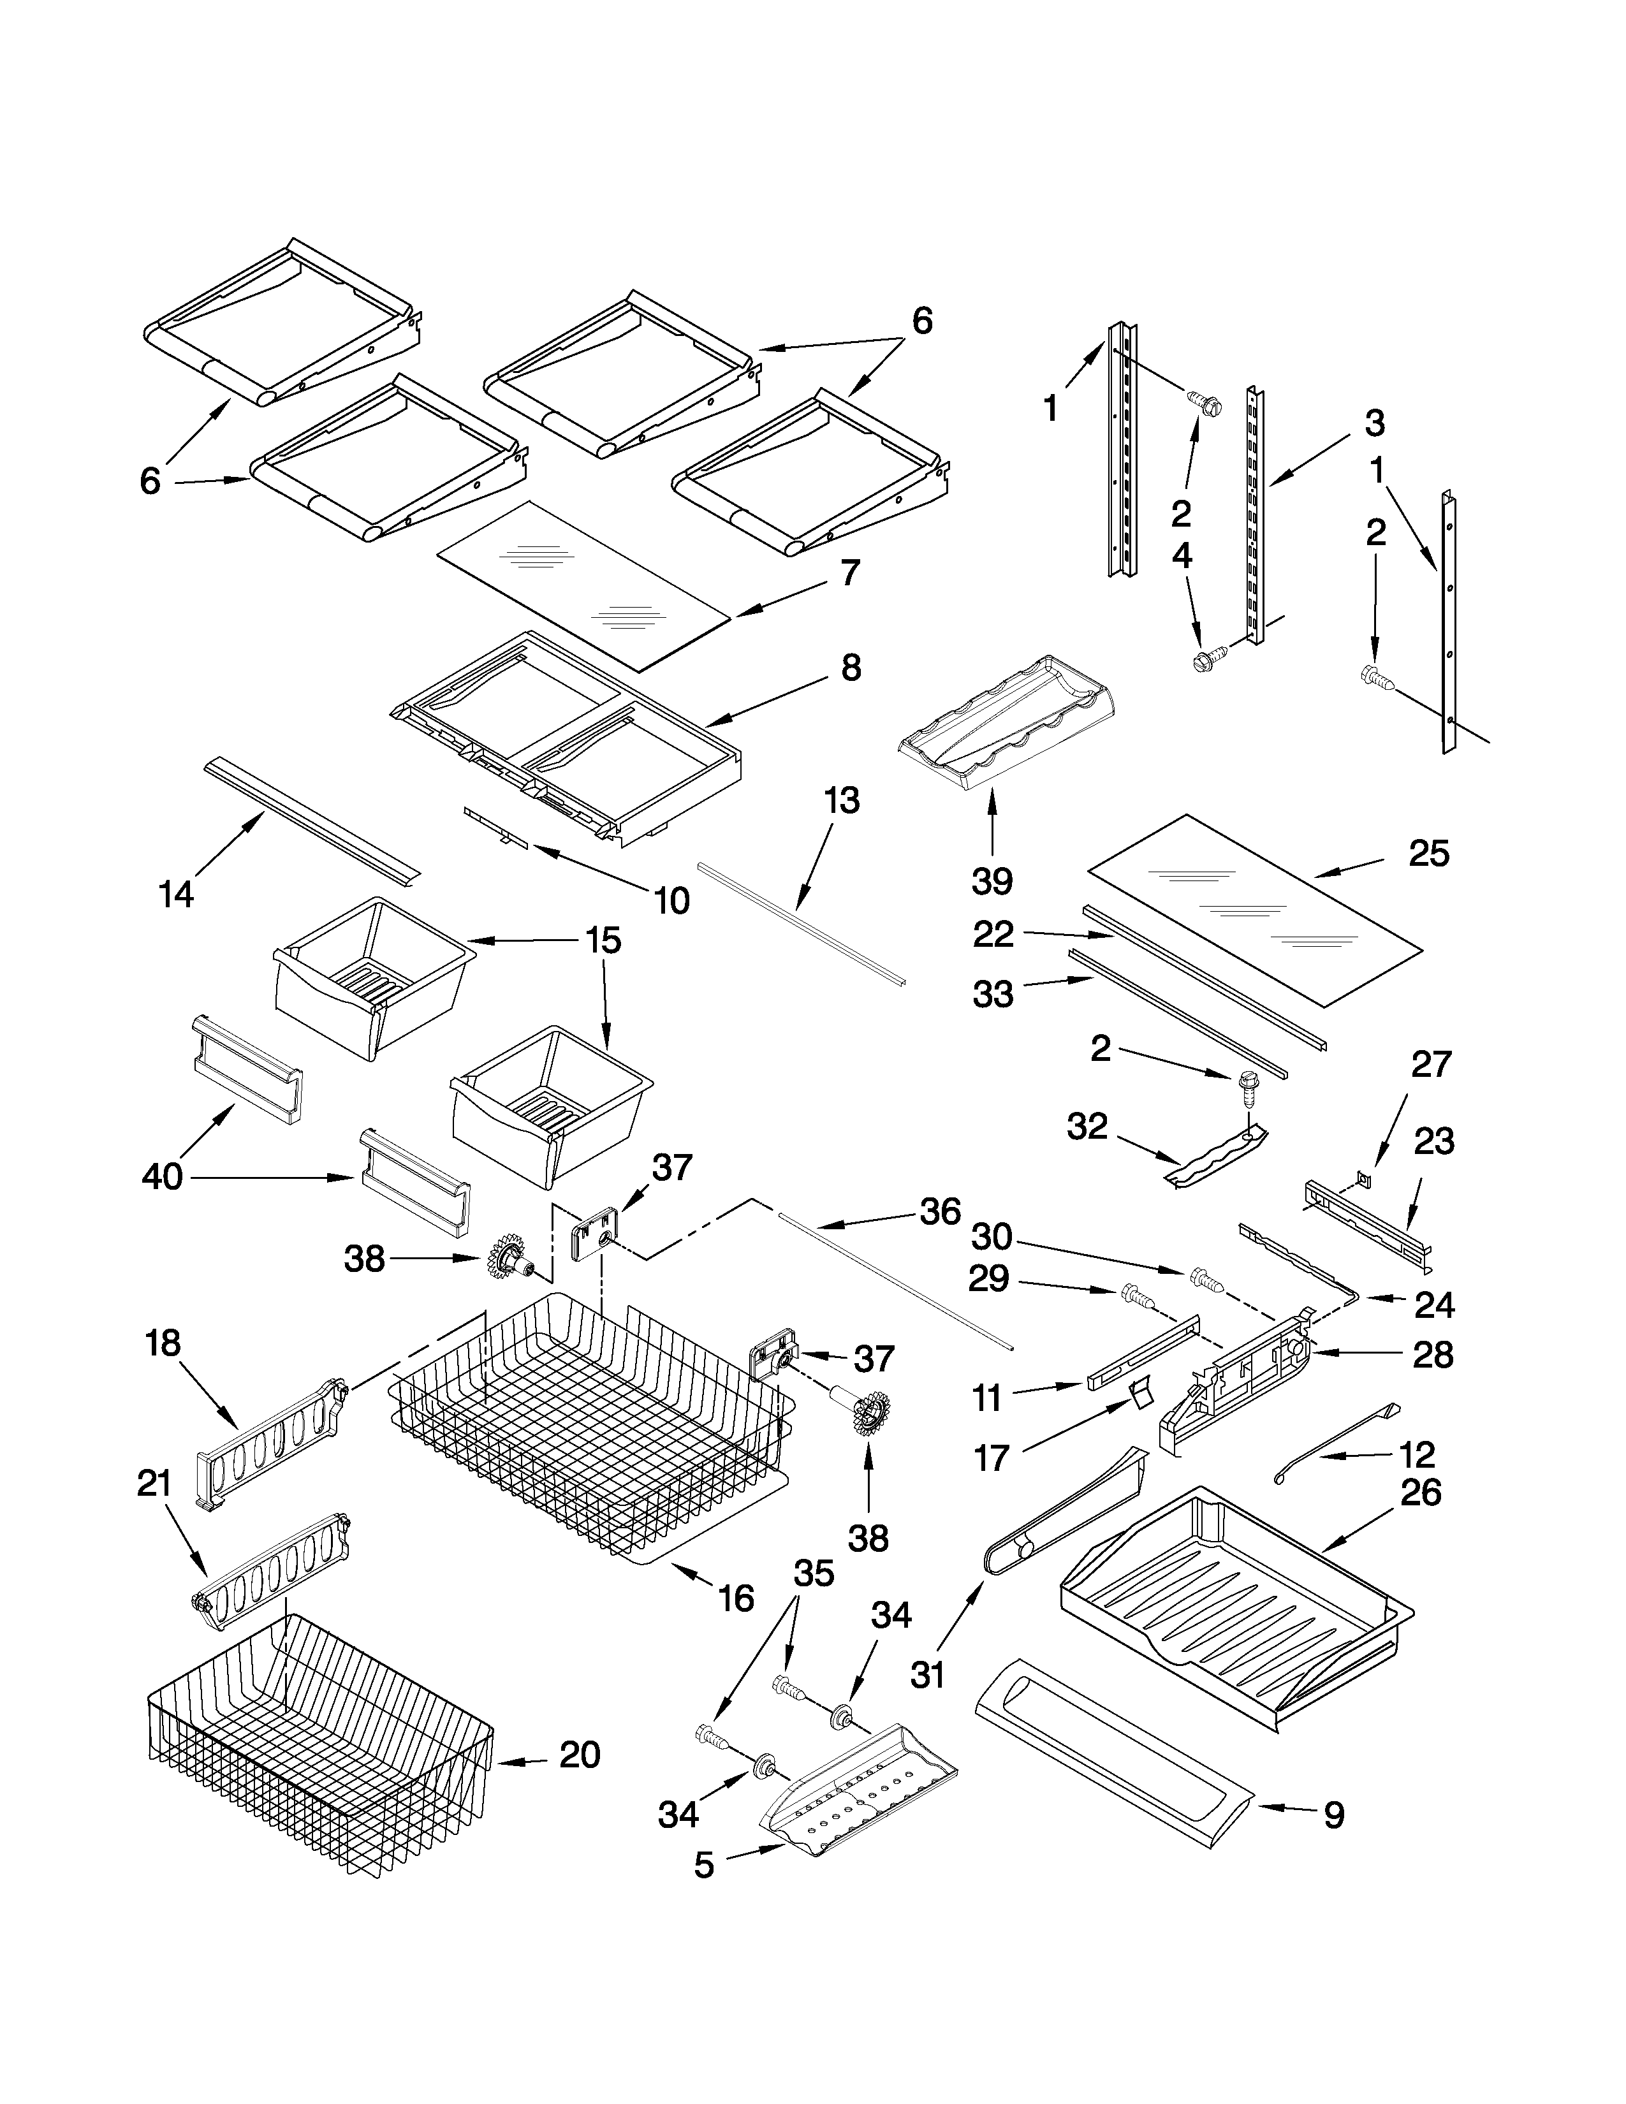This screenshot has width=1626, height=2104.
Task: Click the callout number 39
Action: (x=992, y=880)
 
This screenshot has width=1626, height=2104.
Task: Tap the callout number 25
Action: (x=1428, y=854)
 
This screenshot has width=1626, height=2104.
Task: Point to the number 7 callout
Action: (x=849, y=573)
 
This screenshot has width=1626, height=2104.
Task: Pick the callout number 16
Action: (x=736, y=1598)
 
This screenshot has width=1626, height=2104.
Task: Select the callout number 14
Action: (x=176, y=895)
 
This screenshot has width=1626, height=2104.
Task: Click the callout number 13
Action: (x=841, y=801)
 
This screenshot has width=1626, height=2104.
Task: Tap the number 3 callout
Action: (x=1375, y=422)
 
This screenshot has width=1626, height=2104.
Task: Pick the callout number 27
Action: (x=1430, y=1065)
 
